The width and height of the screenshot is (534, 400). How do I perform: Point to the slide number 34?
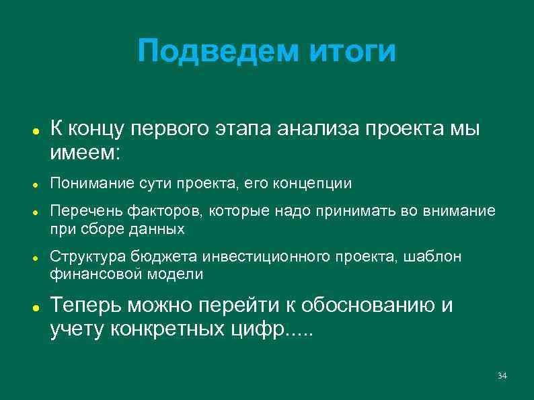pos(502,374)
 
